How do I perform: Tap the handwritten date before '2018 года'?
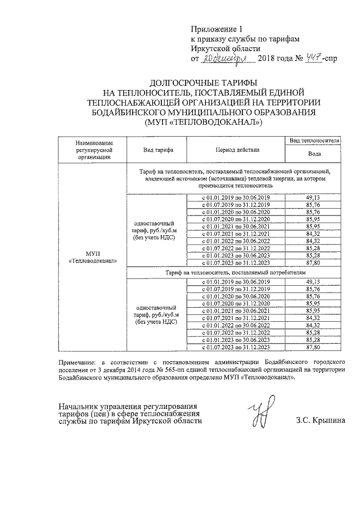pos(224,58)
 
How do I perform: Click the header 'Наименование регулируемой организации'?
pos(93,151)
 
